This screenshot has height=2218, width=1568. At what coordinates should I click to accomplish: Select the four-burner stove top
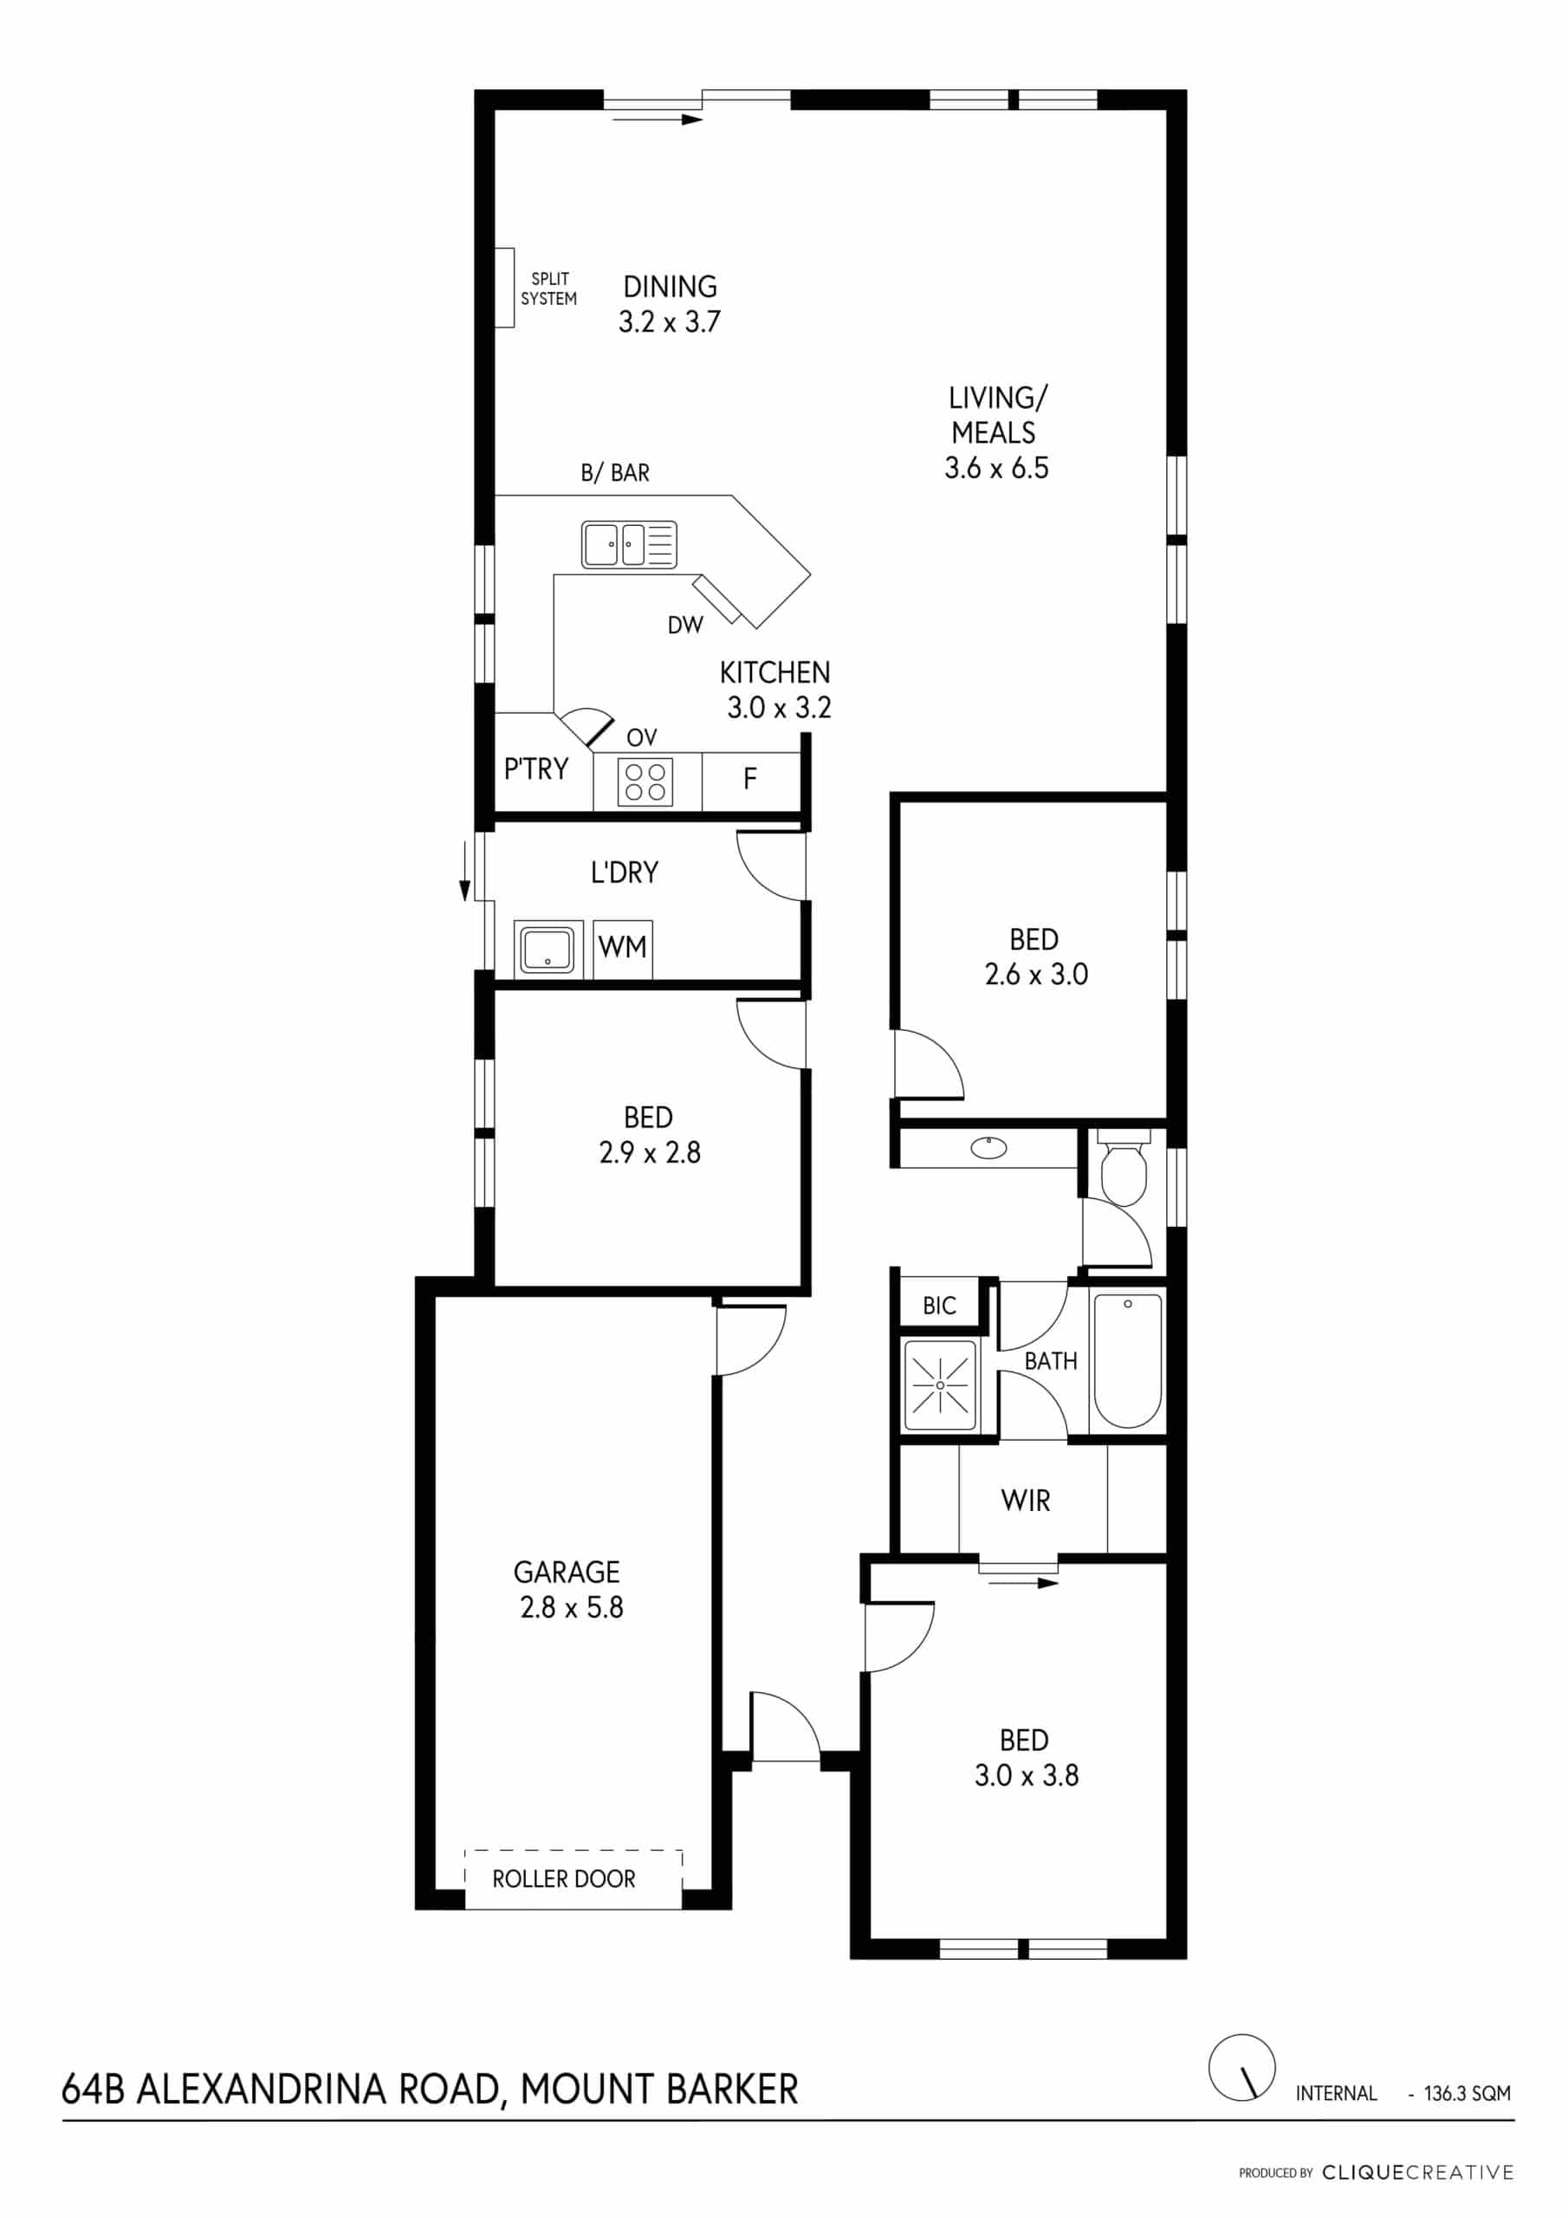pos(645,781)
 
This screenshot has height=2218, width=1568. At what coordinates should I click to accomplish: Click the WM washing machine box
pos(622,950)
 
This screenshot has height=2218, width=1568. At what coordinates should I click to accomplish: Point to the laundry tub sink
pos(548,949)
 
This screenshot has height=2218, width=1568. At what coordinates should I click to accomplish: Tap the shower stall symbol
pos(940,1385)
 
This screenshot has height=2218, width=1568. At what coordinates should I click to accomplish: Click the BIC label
pos(939,1306)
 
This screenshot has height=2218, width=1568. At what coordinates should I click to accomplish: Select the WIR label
pos(1025,1501)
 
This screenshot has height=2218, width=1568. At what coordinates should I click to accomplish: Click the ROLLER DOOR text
pos(564,1879)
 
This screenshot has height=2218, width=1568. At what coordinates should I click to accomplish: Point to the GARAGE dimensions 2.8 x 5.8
pos(572,1607)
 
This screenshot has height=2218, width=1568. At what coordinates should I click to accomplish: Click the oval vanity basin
pos(988,1148)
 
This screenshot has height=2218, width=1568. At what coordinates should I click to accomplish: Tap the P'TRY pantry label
pos(536,769)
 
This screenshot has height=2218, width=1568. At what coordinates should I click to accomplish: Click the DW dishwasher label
pos(685,625)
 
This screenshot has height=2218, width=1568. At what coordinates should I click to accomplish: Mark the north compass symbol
pos(1241,2067)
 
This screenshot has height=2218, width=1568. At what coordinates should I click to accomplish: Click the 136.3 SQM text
pos(1467,2093)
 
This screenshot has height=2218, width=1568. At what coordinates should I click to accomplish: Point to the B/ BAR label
pos(614,473)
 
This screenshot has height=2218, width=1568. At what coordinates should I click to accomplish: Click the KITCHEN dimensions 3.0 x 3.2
pos(779,708)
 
